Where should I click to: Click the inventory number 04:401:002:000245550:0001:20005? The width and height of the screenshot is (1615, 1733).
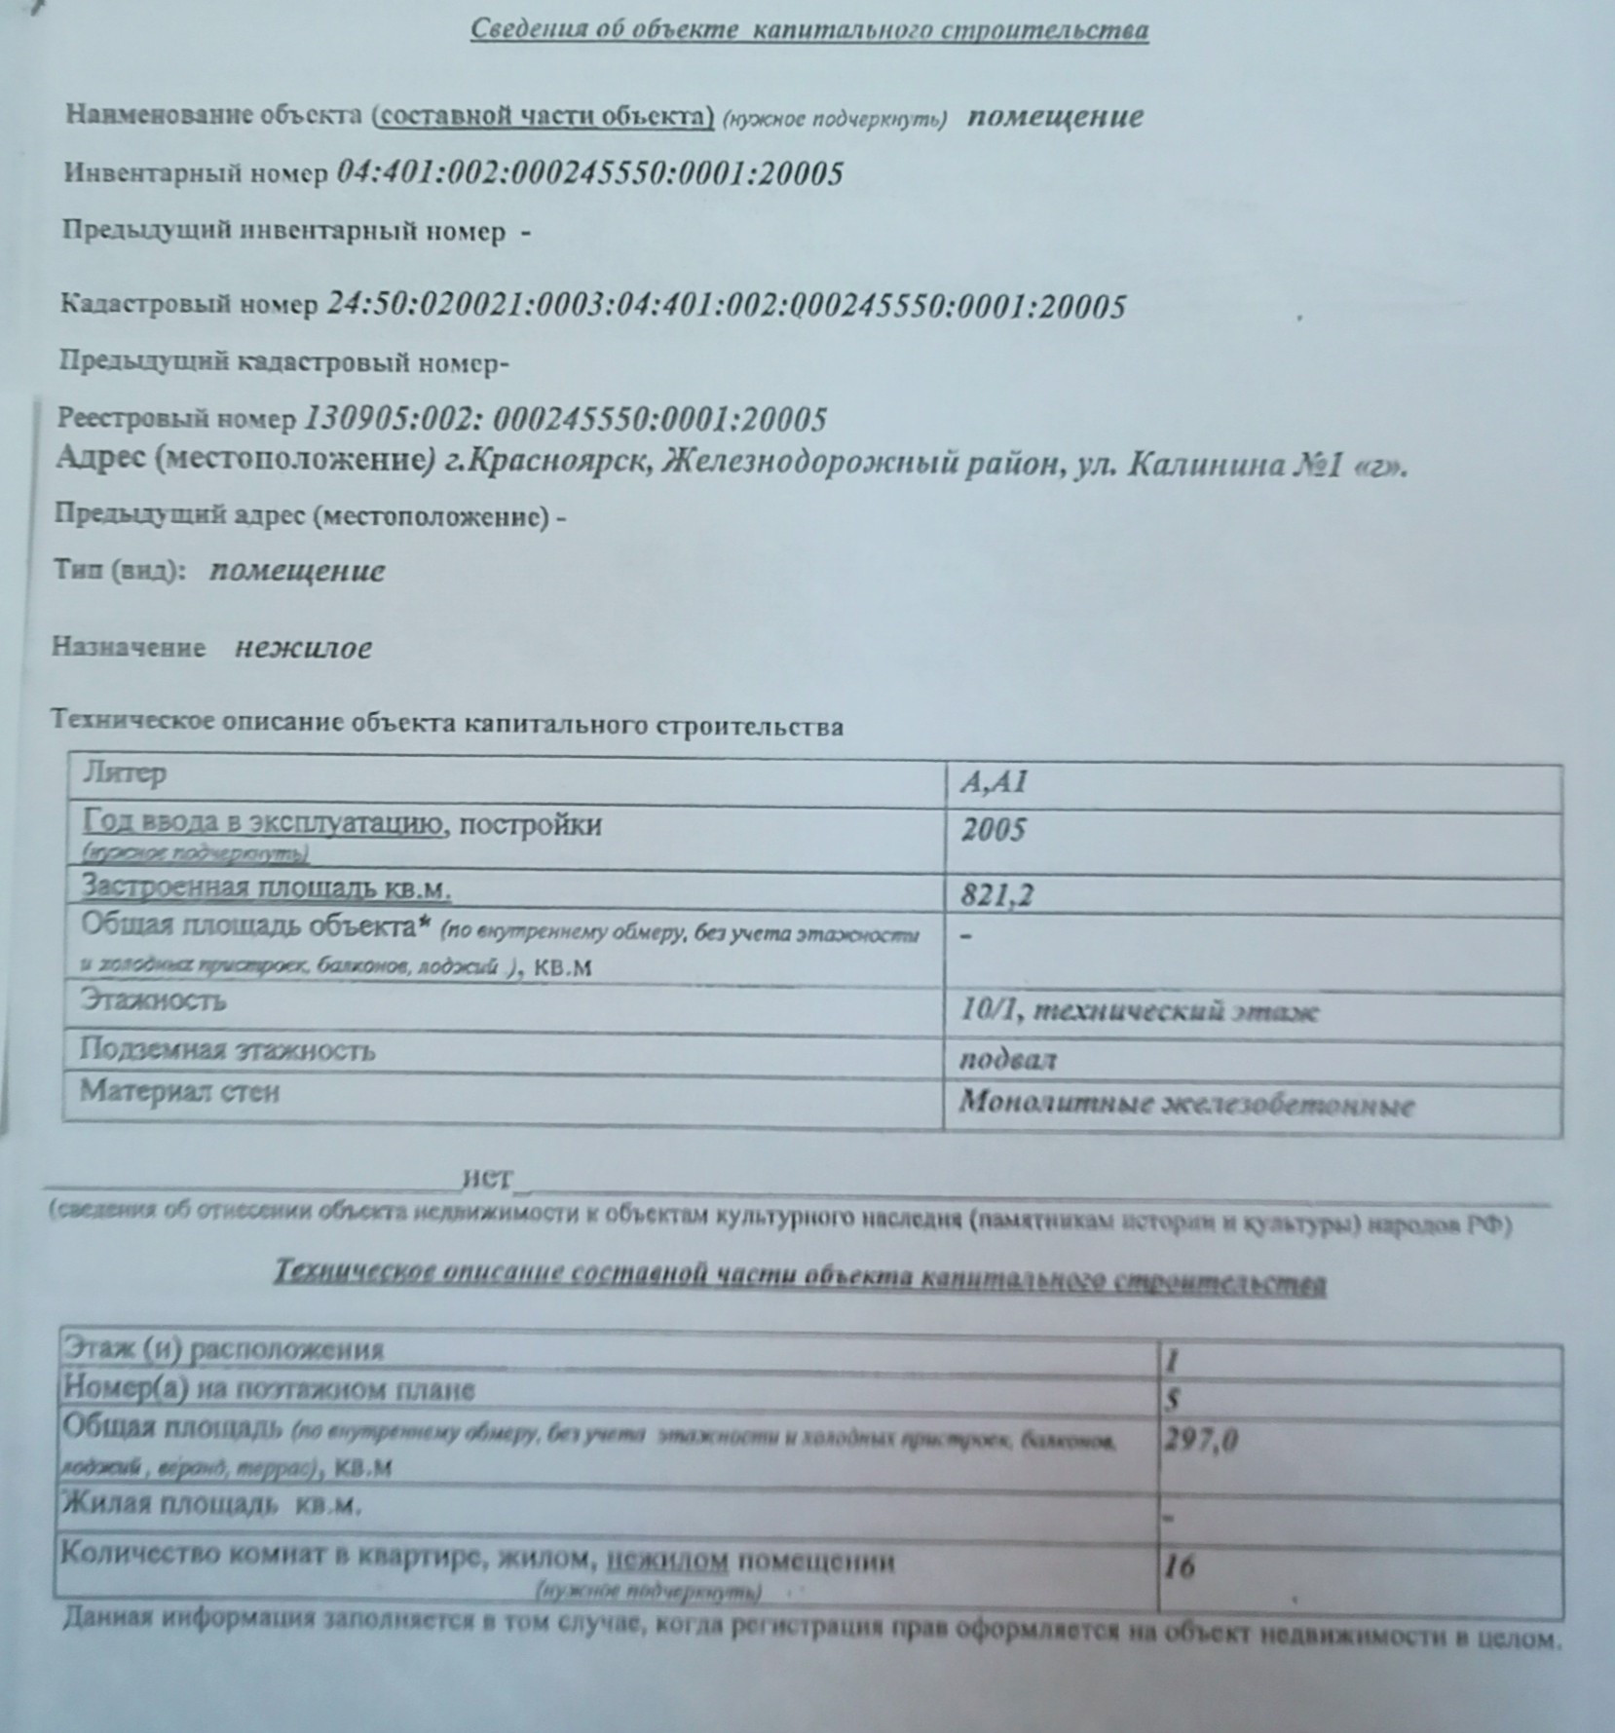point(589,173)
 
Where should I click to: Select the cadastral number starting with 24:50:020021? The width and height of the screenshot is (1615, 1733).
point(726,307)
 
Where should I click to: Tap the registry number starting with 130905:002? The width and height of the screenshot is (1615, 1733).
point(565,420)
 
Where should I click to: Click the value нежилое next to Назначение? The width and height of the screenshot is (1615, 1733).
point(303,648)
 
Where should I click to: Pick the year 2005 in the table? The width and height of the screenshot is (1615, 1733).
point(994,830)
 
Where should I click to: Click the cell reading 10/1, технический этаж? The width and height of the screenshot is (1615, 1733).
point(1139,1010)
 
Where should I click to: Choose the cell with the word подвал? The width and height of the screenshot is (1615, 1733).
point(1007,1060)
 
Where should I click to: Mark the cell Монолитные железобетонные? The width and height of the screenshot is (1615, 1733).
point(1185,1104)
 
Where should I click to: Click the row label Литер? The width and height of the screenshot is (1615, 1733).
point(123,773)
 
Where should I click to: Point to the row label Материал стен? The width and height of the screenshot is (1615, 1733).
point(179,1091)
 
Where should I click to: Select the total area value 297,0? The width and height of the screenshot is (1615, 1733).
point(1200,1439)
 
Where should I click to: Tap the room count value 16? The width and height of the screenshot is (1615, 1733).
point(1179,1566)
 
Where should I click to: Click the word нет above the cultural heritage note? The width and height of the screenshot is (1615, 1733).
point(487,1178)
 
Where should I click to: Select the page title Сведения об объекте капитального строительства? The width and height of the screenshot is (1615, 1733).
point(808,30)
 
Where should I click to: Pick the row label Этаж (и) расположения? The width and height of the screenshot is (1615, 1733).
point(223,1349)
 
